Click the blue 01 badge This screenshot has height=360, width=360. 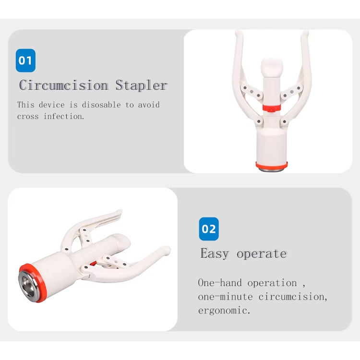pos(25,60)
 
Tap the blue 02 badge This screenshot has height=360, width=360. pos(209,229)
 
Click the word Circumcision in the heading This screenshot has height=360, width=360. pos(63,85)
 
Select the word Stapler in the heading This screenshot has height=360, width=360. pos(142,85)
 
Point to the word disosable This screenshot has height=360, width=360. pos(101,105)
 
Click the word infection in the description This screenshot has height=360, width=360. pos(64,117)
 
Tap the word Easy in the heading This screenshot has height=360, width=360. pos(215,253)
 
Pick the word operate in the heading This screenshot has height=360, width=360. pos(262,254)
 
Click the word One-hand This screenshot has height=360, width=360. pos(220,283)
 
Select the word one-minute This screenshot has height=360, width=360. pos(225,297)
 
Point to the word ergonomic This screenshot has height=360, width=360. pos(224,311)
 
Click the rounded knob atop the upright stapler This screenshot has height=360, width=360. pos(272,68)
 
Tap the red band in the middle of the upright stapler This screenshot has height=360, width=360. pos(272,108)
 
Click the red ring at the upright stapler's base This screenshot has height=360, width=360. pos(272,165)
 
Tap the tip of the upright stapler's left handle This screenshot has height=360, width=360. pos(239,33)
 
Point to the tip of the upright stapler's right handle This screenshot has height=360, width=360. pos(305,33)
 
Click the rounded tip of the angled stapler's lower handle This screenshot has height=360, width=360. pos(167,250)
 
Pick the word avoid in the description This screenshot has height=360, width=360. pos(149,105)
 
